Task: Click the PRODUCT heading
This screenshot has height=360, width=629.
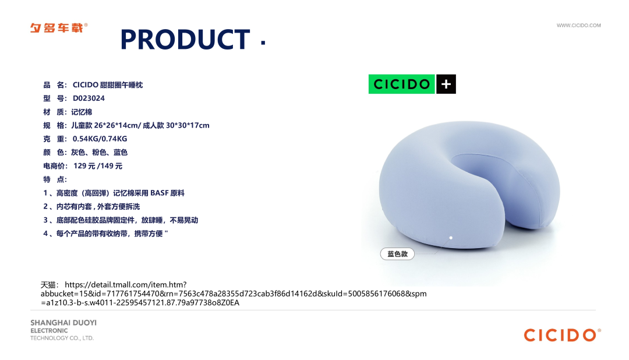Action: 185,40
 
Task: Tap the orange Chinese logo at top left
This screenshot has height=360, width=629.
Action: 59,28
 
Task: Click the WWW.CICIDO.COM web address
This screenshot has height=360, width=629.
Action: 578,25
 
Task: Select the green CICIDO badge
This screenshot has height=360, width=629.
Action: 401,84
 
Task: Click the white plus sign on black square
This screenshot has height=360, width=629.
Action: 446,84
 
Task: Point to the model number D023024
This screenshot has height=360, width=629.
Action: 89,98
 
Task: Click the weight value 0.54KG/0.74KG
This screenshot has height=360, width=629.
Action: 100,139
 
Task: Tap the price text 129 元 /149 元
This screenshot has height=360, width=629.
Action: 98,166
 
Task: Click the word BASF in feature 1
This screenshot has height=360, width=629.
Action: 159,193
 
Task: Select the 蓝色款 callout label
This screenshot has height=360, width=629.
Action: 397,254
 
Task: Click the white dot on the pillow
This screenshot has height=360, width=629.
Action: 451,238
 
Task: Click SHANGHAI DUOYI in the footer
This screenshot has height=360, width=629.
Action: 63,323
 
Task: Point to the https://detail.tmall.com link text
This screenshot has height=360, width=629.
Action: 126,284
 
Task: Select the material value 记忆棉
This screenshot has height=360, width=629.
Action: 82,112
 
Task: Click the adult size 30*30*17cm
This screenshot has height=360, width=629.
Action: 188,125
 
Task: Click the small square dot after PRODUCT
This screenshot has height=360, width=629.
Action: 263,43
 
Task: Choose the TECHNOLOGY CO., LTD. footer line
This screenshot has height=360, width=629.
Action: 62,338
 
